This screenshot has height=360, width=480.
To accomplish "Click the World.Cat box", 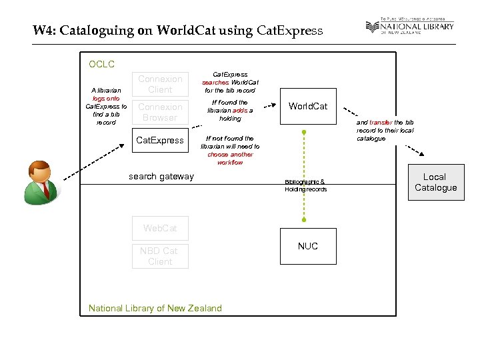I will point(307,106).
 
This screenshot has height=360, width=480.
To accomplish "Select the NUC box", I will point(307,246).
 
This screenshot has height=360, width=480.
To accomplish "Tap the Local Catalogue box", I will point(435,182).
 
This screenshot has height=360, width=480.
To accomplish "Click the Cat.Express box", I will point(159,140).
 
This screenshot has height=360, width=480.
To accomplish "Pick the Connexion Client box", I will point(159,84).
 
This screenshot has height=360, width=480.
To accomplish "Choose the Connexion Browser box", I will point(159,112).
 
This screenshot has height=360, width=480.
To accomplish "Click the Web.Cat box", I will point(159,228).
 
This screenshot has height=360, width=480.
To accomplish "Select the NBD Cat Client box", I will point(159,256).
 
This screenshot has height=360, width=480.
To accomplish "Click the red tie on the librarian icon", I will point(45,188).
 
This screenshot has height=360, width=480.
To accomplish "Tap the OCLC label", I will point(101,65).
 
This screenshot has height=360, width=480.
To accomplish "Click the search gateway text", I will point(161,176).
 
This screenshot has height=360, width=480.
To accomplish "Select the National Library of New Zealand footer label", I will point(155,308).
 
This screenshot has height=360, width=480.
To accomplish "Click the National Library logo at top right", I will point(409,27).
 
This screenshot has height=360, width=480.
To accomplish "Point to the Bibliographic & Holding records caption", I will point(305,185).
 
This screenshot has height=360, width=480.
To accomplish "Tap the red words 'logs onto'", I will point(106,98).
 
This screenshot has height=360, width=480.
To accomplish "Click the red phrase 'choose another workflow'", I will point(230,158).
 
